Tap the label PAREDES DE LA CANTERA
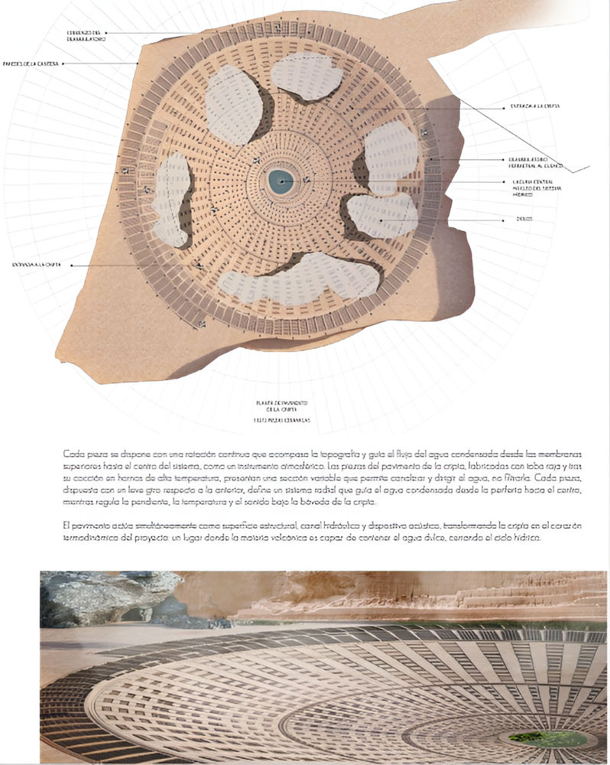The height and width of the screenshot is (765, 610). pos(31,63)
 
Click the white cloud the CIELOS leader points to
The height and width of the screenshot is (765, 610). pos(382,215)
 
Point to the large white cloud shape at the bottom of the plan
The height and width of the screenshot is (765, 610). pos(302,278)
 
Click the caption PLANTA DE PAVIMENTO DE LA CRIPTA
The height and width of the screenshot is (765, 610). pos(282,405)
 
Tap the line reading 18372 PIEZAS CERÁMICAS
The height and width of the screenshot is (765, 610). pos(282,421)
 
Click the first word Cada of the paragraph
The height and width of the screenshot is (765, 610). pos(71,454)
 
